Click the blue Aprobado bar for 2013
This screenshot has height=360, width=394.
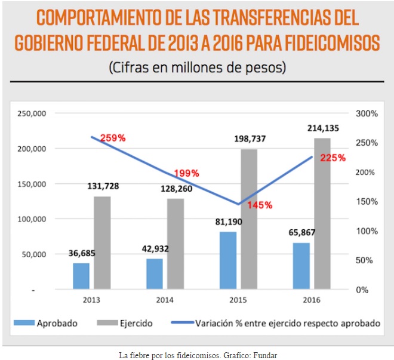[x=81, y=276]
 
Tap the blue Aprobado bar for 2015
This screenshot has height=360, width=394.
[x=228, y=260]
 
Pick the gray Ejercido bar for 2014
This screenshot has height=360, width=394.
[x=176, y=244]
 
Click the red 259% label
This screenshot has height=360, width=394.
[x=113, y=138]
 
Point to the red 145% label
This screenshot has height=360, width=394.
[x=260, y=205]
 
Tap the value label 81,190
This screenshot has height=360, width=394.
[x=228, y=221]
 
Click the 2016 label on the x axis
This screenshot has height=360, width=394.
[x=312, y=300]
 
